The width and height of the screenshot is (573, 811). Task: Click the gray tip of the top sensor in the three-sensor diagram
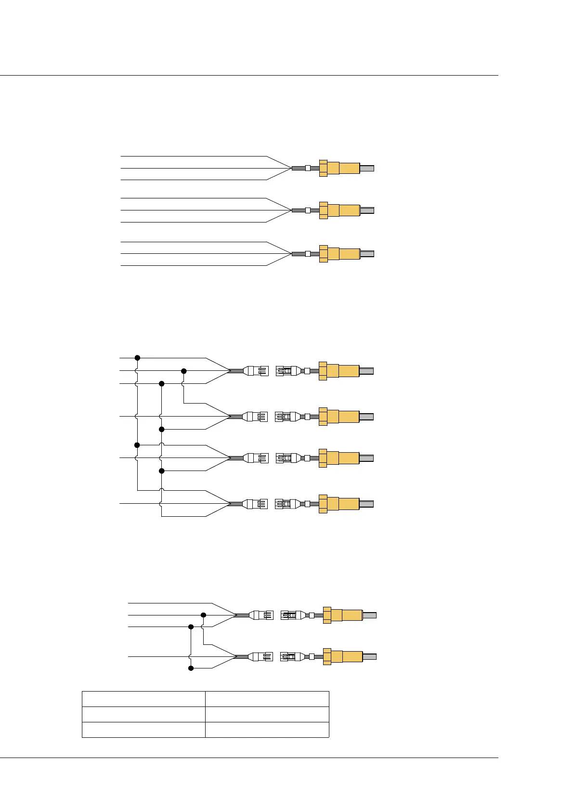367,168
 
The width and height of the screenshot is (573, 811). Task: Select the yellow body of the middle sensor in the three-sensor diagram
349,210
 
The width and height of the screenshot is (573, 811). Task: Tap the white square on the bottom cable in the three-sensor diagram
308,254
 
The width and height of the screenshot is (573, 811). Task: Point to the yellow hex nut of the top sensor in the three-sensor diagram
323,168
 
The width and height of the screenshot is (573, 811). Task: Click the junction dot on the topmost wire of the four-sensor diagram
137,358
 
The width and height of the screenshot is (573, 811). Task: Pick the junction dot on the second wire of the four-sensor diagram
183,371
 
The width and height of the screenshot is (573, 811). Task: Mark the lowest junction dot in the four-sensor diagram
162,471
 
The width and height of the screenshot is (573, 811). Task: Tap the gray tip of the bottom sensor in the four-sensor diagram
366,504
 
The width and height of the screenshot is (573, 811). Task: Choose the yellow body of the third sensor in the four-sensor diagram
349,458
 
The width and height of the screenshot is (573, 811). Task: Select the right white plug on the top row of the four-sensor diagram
287,371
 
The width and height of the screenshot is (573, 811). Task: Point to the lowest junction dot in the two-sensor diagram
191,668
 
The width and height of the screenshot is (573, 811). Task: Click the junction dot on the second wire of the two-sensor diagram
203,615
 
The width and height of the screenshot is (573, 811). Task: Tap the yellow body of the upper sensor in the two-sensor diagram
352,615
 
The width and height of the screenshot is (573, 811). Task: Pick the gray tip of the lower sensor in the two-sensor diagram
369,656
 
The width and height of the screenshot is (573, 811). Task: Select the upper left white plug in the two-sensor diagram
261,615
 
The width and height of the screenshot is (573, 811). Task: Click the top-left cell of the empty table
143,699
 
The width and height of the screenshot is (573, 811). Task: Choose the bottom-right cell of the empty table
267,730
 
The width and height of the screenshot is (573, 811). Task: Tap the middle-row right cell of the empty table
267,714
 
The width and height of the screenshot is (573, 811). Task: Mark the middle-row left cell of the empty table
143,714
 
